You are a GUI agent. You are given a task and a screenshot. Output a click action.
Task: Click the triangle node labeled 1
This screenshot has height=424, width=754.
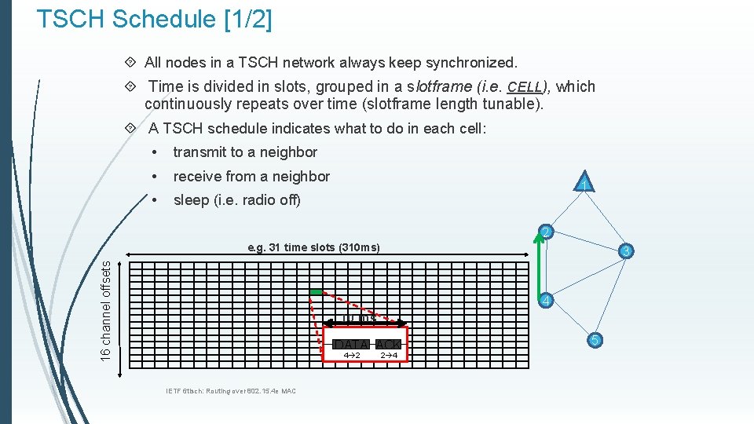583,183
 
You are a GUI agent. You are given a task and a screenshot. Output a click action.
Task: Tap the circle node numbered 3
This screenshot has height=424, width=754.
626,251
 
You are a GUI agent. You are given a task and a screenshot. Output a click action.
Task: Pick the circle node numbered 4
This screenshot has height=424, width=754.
547,301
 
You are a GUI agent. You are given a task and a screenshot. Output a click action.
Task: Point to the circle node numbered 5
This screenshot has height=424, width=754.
595,339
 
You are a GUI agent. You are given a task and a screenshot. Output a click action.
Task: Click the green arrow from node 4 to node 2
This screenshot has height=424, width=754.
539,267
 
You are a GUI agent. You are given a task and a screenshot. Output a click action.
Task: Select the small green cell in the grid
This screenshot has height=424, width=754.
315,292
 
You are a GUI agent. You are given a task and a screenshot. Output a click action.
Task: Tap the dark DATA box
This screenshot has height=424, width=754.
351,345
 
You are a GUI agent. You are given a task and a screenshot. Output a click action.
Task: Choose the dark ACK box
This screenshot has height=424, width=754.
388,345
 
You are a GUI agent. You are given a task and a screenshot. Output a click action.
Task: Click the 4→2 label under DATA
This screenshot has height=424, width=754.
351,356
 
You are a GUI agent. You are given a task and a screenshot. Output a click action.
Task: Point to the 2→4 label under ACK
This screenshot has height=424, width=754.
388,356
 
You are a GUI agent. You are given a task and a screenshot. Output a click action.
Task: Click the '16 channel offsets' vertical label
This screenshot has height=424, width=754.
105,312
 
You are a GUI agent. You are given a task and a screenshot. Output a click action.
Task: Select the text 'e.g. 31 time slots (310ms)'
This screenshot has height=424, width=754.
313,247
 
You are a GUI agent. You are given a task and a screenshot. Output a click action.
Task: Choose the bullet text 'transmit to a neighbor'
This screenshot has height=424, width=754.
245,152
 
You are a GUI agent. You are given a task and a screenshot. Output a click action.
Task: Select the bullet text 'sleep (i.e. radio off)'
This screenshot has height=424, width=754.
236,200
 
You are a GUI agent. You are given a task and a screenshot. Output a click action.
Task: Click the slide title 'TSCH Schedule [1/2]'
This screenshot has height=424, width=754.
154,20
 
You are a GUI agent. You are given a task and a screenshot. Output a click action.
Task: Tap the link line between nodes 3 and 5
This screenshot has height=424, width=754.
611,294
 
